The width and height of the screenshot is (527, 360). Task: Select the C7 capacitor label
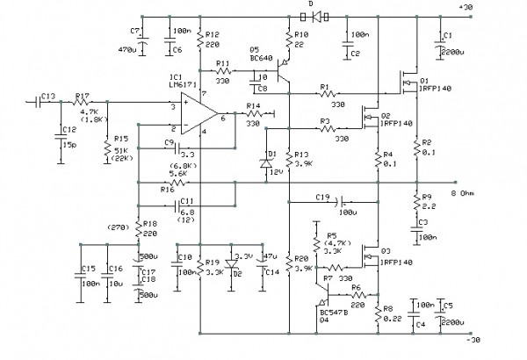point(134,30)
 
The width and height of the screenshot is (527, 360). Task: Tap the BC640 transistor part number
point(262,58)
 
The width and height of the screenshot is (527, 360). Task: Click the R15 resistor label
point(120,139)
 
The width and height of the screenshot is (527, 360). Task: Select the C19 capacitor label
point(321,197)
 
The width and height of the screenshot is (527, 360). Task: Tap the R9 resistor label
point(427,197)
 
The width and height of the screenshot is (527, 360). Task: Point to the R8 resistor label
point(387,308)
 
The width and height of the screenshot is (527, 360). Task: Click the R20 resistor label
point(301,259)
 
